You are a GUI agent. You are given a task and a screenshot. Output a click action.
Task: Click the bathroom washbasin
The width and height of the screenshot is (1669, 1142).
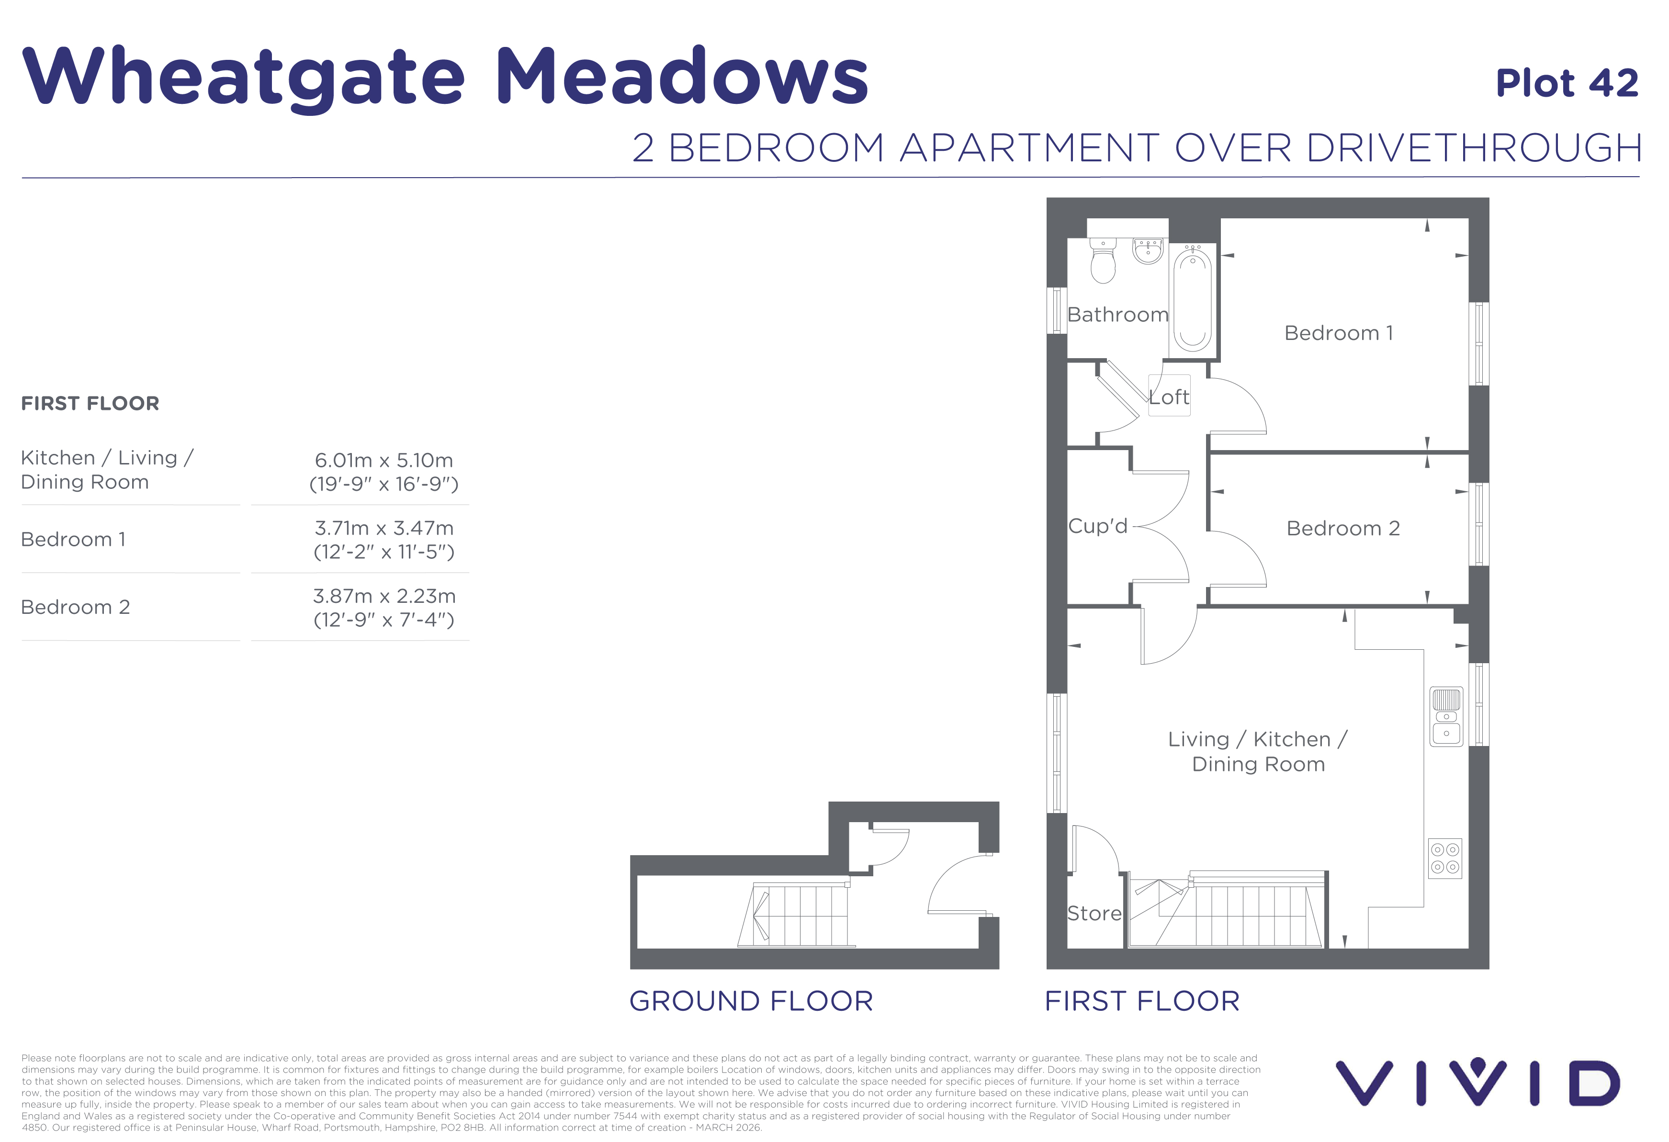(1148, 251)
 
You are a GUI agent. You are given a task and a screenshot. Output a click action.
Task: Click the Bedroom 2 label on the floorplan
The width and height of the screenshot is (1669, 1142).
(1343, 529)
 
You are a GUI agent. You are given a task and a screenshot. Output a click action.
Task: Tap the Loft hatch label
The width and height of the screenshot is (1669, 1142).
(1169, 397)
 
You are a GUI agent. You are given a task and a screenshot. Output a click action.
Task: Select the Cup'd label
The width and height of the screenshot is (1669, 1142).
(1097, 526)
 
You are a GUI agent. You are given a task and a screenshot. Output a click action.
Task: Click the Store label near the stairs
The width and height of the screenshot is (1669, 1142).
(1094, 914)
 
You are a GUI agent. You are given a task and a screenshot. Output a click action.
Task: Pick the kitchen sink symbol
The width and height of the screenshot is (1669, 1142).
(1446, 717)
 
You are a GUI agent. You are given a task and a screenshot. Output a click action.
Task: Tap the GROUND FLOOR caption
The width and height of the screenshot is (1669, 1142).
(751, 1001)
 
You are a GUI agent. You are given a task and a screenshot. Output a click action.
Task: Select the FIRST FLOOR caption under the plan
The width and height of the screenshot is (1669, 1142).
(1142, 1001)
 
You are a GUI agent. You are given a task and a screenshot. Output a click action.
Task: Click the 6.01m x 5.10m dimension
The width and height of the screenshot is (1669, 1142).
(383, 461)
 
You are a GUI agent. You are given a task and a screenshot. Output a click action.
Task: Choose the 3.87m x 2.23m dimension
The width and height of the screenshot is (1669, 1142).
(384, 596)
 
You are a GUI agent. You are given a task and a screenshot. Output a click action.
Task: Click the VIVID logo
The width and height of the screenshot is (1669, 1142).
(1478, 1082)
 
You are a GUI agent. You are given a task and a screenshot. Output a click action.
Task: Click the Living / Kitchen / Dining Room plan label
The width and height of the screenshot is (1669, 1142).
(1258, 751)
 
